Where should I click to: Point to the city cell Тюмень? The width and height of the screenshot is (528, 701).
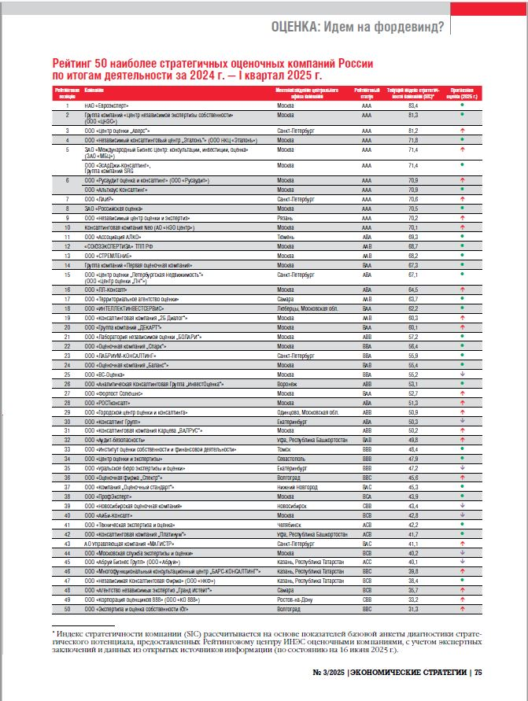287,236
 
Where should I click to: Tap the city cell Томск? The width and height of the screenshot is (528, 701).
286,448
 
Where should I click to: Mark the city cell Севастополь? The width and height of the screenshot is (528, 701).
293,457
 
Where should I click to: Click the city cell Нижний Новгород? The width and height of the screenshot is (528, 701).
297,486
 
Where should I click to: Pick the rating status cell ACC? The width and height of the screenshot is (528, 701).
366,562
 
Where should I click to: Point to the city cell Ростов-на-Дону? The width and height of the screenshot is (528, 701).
296,599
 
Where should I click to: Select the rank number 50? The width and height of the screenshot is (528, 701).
68,608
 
